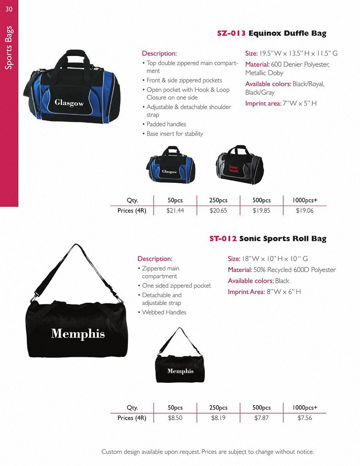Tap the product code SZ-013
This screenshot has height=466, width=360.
point(231,34)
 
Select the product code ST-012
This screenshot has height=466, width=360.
point(223,239)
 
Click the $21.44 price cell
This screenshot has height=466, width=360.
point(175,211)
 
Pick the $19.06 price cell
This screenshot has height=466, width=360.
point(305,211)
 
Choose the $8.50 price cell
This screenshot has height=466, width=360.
point(175,418)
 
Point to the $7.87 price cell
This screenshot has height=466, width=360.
point(262,418)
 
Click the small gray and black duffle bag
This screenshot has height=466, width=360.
point(239,164)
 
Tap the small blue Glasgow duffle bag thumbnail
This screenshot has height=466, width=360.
point(168,164)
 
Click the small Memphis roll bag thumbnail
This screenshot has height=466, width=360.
point(180,360)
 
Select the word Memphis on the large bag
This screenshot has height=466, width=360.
point(78,334)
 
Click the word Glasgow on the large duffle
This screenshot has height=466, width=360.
point(69,103)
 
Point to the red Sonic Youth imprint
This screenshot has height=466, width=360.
point(234,169)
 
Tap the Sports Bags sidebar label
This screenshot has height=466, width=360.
point(9,48)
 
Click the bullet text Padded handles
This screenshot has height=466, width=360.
point(166,124)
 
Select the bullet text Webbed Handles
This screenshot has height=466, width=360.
point(164,312)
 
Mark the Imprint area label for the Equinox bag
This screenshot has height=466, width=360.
point(262,104)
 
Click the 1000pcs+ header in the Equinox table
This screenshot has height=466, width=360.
point(305,200)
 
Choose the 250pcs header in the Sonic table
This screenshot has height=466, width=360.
point(218,408)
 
